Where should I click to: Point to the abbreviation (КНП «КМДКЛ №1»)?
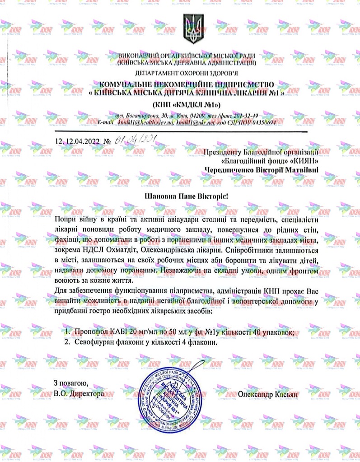point(189,105)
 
